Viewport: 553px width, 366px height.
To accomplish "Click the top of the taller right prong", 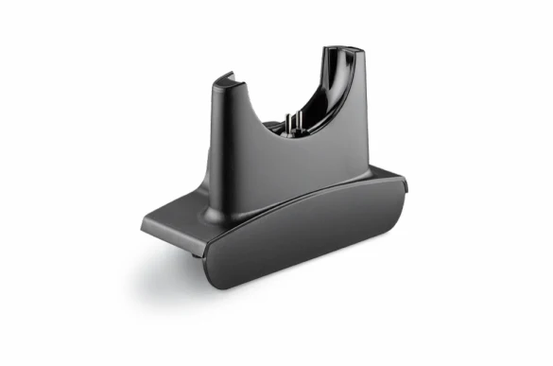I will pyautogui.click(x=342, y=48).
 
